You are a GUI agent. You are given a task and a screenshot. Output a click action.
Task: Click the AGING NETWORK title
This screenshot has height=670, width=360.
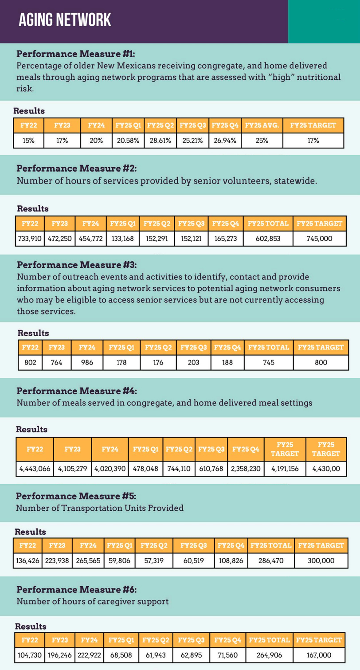point(65,20)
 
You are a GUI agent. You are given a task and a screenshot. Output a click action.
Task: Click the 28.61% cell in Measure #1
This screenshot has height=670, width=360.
point(160,141)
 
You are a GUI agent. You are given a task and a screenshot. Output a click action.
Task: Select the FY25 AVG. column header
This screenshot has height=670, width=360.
point(262,125)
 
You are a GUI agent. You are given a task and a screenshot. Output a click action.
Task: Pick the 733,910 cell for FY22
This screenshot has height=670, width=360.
point(29,239)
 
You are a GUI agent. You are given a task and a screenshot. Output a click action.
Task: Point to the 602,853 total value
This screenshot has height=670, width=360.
point(268,239)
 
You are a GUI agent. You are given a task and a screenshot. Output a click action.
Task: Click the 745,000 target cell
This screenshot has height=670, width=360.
point(319,239)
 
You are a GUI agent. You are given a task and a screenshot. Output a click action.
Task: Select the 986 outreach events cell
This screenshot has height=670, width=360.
point(87,362)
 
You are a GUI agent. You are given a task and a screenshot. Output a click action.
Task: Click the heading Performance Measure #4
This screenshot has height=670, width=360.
point(77,391)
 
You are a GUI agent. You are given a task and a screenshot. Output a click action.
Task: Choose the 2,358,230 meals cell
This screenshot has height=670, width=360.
point(246,468)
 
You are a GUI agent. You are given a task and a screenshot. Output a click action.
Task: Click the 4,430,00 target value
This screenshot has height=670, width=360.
point(326,468)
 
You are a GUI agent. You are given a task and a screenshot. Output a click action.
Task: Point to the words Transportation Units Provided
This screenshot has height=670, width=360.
point(127,508)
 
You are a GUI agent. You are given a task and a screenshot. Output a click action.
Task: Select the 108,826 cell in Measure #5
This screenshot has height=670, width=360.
point(231,560)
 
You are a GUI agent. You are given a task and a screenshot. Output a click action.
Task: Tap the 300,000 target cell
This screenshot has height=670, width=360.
point(321,560)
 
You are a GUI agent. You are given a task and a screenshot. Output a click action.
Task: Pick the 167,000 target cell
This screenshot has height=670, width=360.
point(319,654)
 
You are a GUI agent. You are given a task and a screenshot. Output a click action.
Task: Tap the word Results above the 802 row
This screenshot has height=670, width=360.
point(33,333)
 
